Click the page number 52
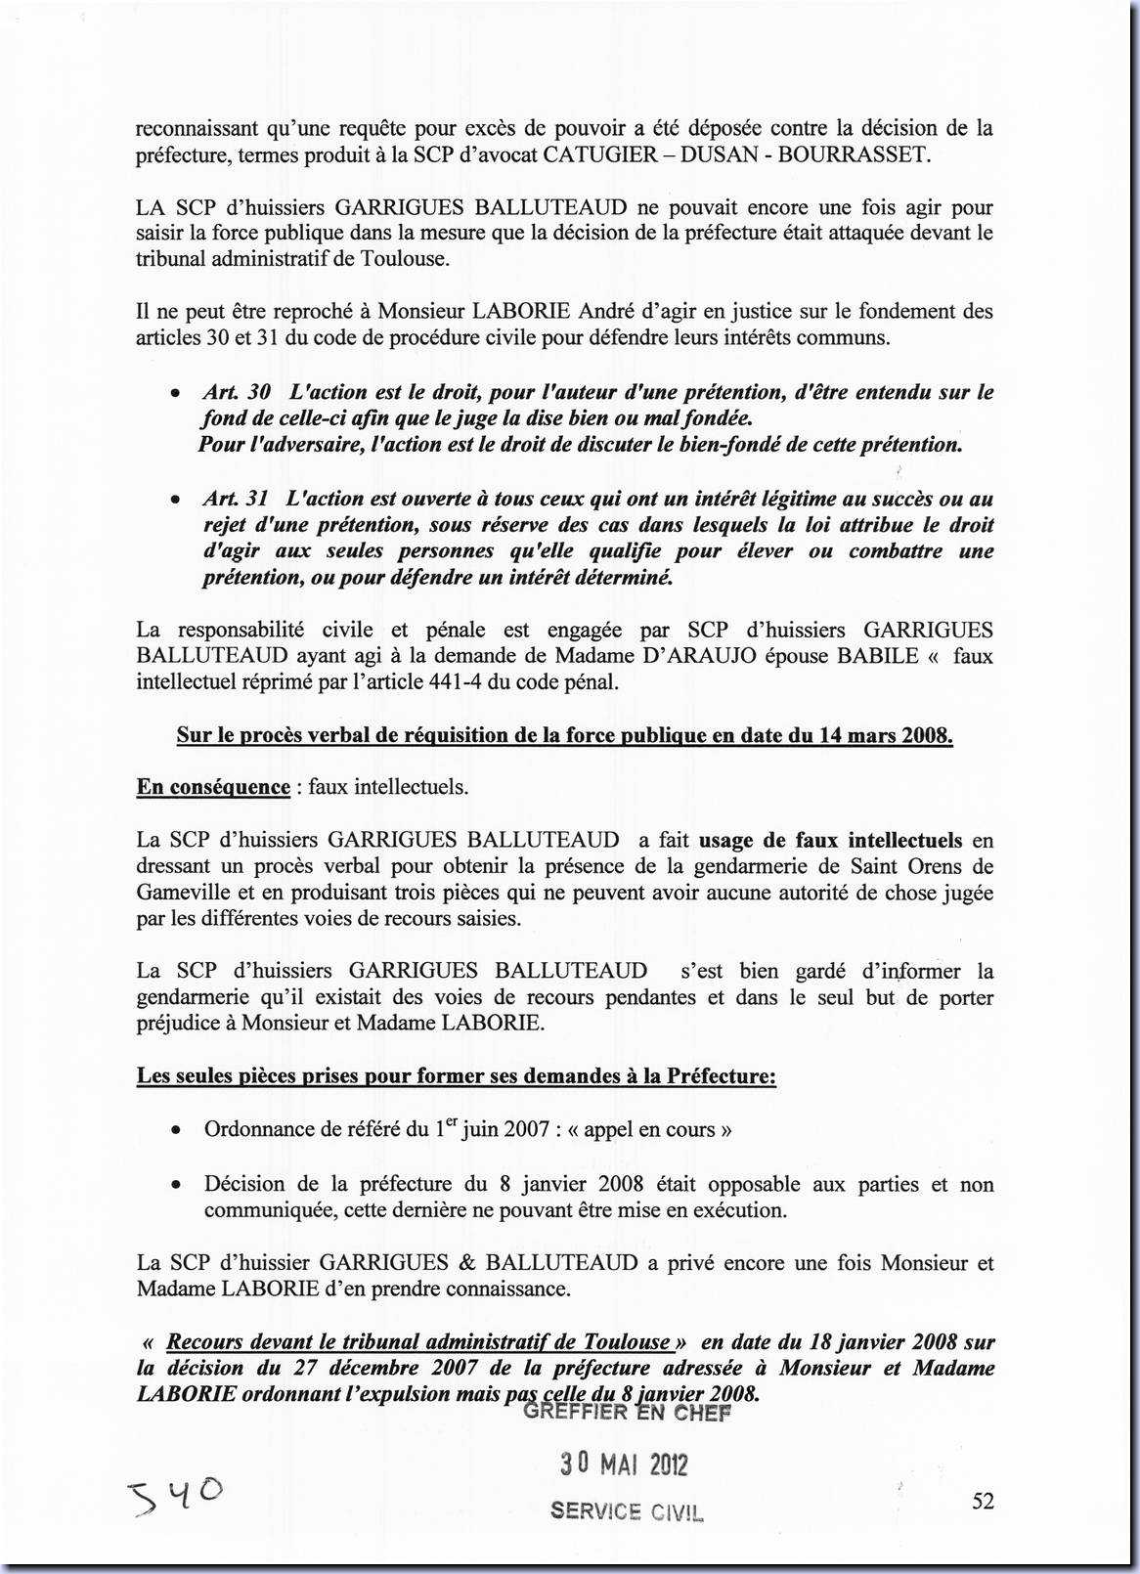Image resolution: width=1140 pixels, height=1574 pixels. click(x=983, y=1501)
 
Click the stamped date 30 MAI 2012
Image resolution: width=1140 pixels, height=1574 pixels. click(x=624, y=1464)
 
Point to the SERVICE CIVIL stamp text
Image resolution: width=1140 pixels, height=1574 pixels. click(x=626, y=1510)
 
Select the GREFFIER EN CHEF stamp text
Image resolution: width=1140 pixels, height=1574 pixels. click(x=627, y=1413)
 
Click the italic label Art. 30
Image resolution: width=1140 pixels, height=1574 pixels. click(x=238, y=392)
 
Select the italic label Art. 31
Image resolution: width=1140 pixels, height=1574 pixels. click(x=237, y=499)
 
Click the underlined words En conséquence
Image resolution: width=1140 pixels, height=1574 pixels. click(x=213, y=787)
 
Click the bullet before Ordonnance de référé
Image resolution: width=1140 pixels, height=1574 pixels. click(x=174, y=1131)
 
